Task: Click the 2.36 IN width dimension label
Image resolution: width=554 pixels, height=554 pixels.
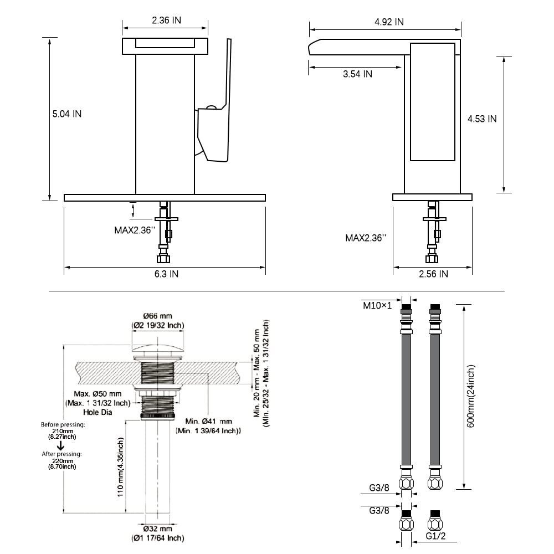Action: click(166, 20)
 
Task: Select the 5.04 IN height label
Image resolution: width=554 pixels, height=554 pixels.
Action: click(67, 114)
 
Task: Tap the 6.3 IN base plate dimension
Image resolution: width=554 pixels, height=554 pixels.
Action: click(166, 274)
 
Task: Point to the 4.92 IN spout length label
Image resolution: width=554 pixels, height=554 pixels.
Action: click(389, 22)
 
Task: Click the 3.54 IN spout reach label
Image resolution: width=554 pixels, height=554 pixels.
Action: click(357, 74)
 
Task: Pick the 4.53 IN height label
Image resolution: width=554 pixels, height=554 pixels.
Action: click(482, 119)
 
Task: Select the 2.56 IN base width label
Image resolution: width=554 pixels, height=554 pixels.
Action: click(434, 274)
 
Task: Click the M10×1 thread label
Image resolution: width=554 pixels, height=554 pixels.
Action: click(377, 305)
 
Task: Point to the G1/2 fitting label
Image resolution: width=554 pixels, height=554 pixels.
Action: click(435, 536)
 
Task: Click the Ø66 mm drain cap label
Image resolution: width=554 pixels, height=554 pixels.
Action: click(157, 316)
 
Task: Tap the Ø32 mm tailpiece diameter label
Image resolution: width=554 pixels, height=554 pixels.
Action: click(157, 529)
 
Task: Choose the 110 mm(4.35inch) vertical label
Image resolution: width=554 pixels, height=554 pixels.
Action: click(120, 467)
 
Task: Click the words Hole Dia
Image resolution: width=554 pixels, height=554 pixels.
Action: click(98, 412)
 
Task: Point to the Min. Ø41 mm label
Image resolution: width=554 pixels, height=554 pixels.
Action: click(209, 421)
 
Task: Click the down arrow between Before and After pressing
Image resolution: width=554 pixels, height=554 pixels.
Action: click(60, 445)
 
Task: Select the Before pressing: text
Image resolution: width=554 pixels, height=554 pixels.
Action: click(63, 425)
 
